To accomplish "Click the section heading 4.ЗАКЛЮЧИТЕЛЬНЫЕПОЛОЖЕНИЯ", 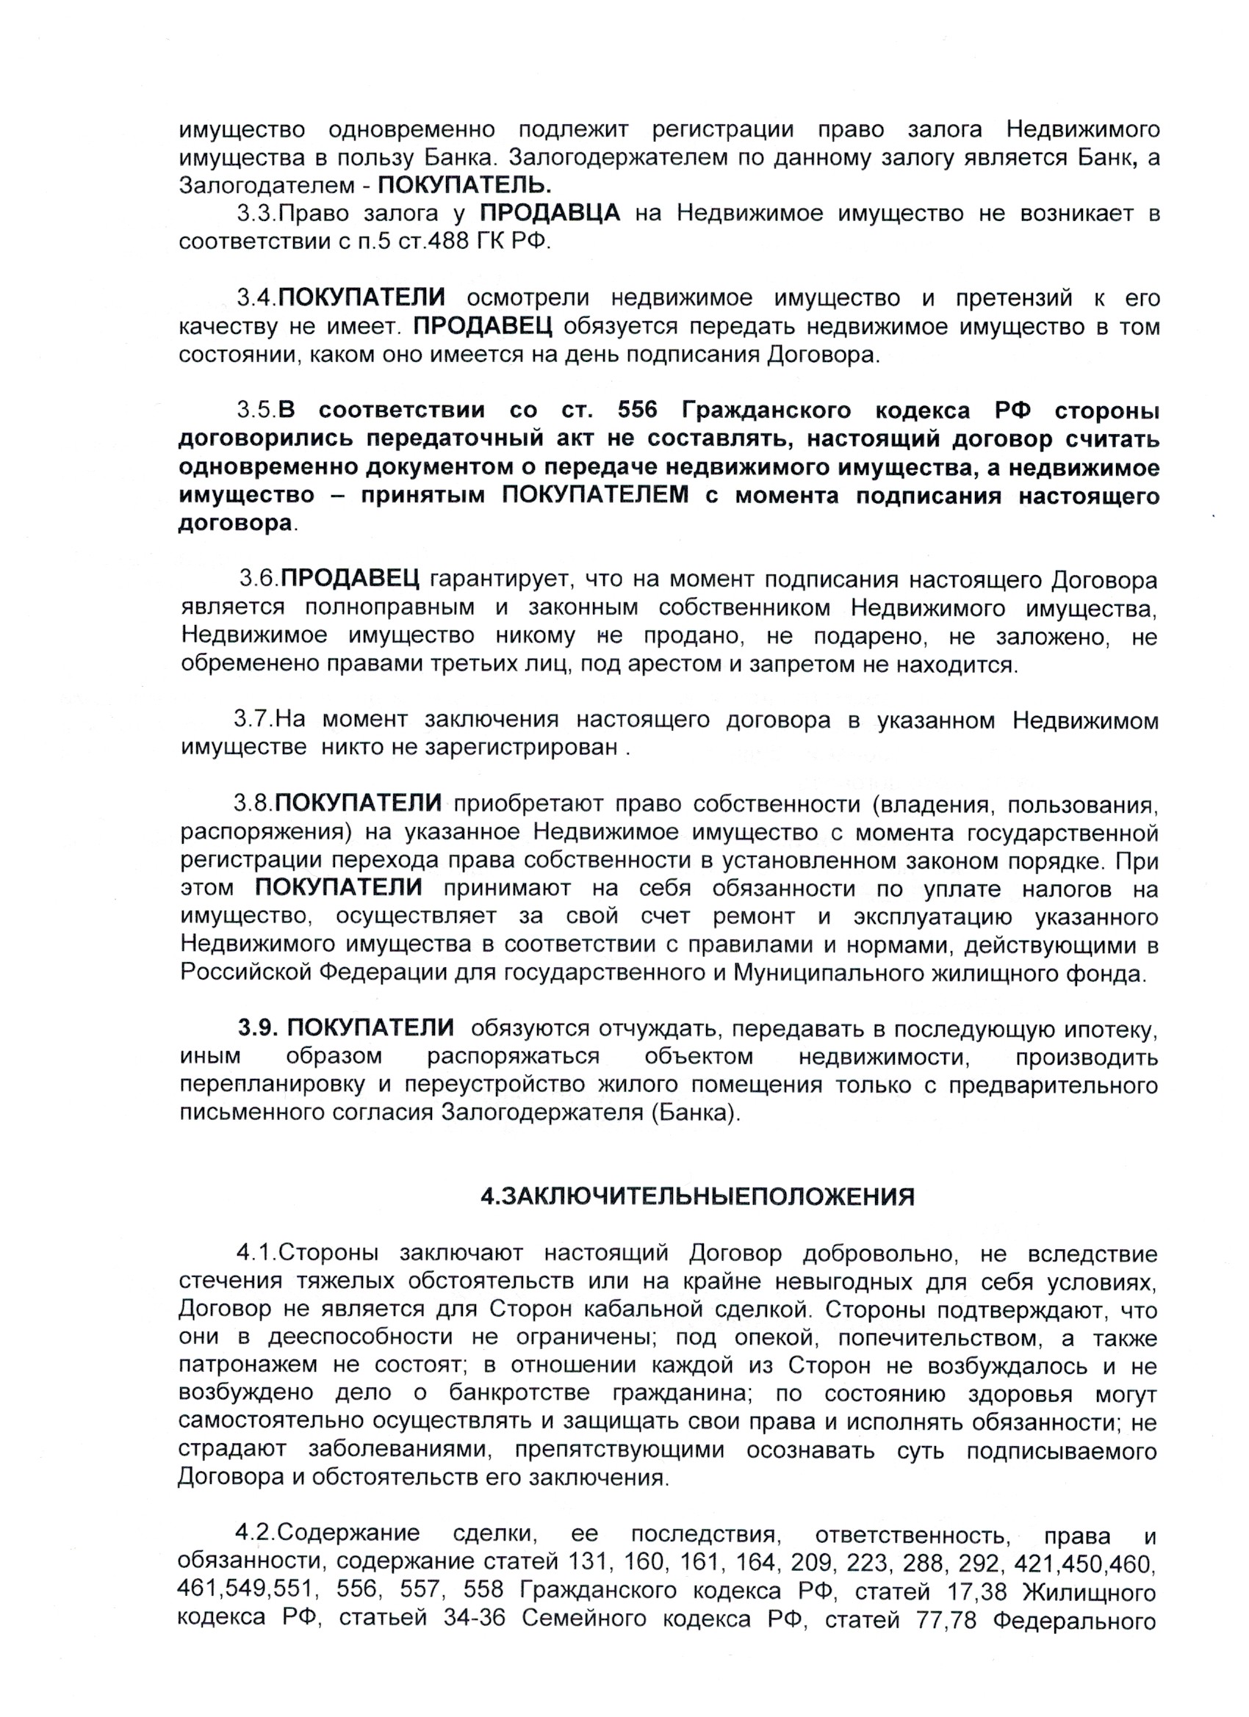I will pyautogui.click(x=697, y=1196).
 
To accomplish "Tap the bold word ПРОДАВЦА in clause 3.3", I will pyautogui.click(x=550, y=214).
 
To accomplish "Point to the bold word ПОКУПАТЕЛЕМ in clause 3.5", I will pyautogui.click(x=596, y=496).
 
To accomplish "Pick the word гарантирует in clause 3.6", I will pyautogui.click(x=493, y=580).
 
